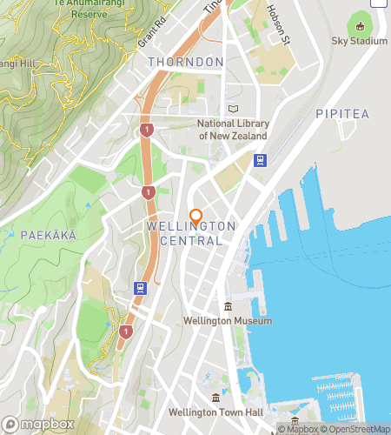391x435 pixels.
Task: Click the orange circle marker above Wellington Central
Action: click(195, 215)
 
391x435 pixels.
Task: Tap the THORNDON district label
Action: click(186, 62)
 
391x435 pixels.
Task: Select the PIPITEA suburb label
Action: click(342, 114)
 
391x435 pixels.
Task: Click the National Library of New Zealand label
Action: click(233, 130)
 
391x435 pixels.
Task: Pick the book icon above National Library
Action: click(232, 109)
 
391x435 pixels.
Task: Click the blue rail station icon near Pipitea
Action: click(259, 160)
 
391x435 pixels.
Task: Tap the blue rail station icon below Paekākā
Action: click(139, 288)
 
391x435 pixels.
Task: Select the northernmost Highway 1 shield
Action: click(146, 130)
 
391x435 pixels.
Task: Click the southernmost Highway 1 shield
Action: click(127, 331)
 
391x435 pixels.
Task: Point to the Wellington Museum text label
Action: click(228, 320)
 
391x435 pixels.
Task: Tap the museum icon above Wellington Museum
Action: click(228, 305)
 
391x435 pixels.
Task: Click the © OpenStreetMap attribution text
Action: click(356, 429)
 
